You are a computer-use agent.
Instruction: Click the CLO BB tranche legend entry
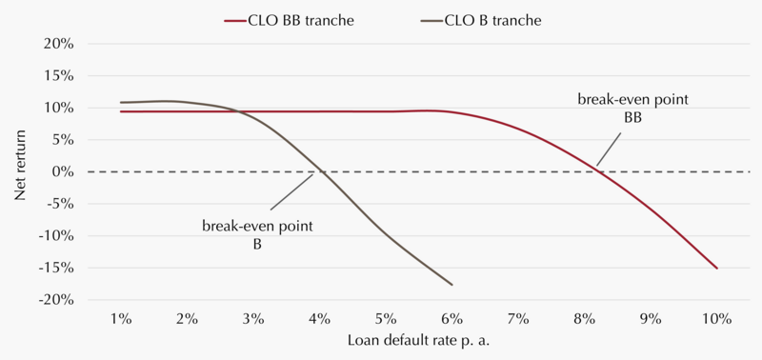[x=289, y=21]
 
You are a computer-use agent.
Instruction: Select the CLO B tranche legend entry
[x=481, y=21]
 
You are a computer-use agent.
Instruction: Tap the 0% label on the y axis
[x=63, y=172]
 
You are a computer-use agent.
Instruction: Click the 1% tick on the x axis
[x=121, y=319]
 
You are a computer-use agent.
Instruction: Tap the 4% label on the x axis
[x=319, y=319]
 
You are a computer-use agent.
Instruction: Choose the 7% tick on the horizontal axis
[x=518, y=319]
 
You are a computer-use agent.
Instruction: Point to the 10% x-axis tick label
[x=717, y=319]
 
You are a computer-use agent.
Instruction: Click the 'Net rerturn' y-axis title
[x=19, y=171]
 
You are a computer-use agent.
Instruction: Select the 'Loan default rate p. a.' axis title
[x=418, y=341]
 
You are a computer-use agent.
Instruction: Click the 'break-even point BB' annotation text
[x=632, y=109]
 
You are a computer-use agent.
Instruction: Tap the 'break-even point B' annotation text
[x=257, y=235]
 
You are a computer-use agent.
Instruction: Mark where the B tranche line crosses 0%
[x=320, y=172]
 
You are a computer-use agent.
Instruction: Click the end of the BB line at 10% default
[x=717, y=269]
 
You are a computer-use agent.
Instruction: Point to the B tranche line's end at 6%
[x=451, y=285]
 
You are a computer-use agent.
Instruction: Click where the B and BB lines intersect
[x=238, y=111]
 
